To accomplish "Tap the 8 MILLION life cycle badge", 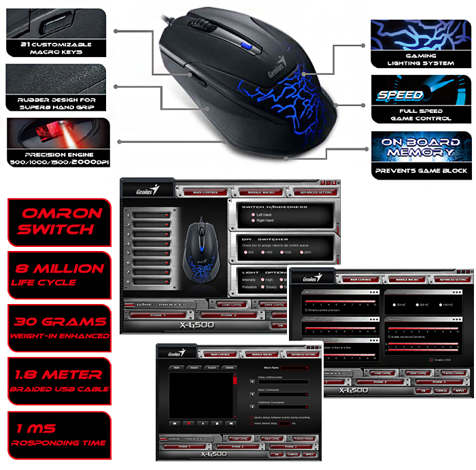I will coord(58,274).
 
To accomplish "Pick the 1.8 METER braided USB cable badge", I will coord(58,380).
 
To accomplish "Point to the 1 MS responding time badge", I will coord(58,435).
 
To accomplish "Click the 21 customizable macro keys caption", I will coord(56,48).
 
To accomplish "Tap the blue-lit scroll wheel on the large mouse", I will coord(249,47).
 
